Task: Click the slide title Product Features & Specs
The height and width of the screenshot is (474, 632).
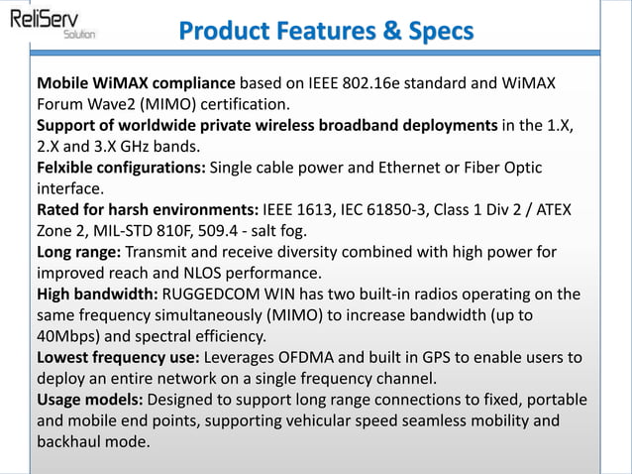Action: point(326,31)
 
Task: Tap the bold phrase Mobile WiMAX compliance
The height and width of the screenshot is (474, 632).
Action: point(136,81)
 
